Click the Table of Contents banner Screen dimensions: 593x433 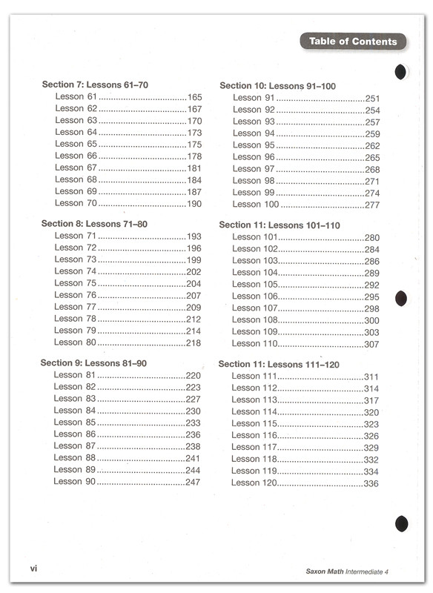pos(353,42)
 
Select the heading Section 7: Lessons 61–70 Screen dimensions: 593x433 pos(95,85)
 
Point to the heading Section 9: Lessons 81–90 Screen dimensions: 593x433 pos(93,362)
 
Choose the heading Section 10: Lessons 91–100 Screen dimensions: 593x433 pos(277,86)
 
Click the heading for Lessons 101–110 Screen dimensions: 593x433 pos(280,225)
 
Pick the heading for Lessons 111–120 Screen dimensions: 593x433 pos(279,364)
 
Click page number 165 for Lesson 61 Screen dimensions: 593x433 pos(194,97)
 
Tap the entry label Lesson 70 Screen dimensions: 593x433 pos(76,202)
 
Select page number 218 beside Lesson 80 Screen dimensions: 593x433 pos(194,342)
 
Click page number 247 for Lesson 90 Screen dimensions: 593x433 pos(193,482)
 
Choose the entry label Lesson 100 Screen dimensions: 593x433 pos(256,205)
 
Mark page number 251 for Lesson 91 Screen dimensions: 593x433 pos(372,98)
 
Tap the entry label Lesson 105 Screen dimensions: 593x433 pos(255,284)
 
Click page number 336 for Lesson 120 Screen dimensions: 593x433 pos(371,483)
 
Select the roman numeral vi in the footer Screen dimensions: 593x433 pos(34,569)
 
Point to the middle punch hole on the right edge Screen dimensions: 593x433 pos(401,298)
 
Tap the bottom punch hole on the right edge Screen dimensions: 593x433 pos(402,523)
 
